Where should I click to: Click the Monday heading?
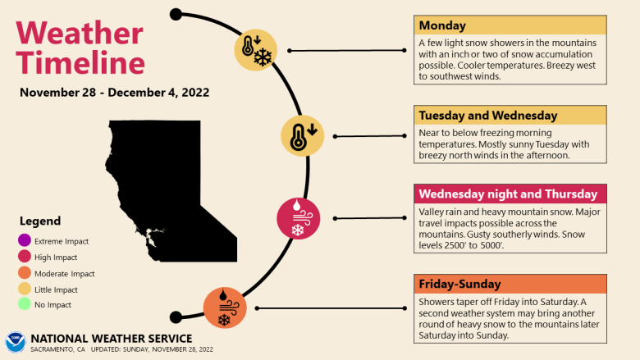tap(441, 25)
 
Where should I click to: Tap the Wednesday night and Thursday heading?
tap(507, 194)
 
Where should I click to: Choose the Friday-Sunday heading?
tap(459, 285)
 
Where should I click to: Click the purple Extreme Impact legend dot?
tap(23, 241)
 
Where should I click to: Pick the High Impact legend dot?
tap(23, 257)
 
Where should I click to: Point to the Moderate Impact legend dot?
tap(23, 274)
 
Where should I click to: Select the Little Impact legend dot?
tap(23, 290)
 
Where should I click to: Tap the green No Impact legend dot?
tap(23, 306)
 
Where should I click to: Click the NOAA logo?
tap(15, 342)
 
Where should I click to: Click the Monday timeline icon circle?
tap(255, 50)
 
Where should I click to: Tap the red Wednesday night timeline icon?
tap(298, 218)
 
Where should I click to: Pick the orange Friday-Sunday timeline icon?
tap(225, 308)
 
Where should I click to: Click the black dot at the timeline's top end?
tap(176, 14)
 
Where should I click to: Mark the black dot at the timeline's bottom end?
tap(175, 317)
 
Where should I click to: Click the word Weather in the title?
tap(79, 33)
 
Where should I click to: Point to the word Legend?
tap(40, 221)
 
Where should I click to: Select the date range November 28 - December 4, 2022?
tap(114, 92)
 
